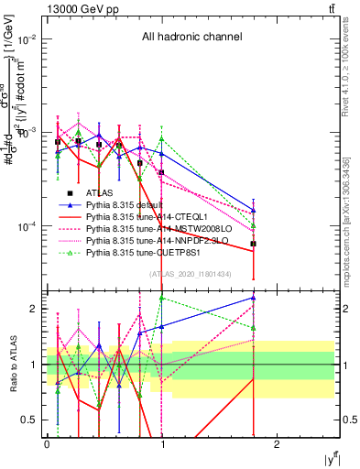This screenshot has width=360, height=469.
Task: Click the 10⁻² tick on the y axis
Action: pyautogui.click(x=29, y=39)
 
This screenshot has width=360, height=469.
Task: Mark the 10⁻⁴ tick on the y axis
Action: pyautogui.click(x=29, y=226)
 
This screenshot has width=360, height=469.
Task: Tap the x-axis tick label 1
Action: pyautogui.click(x=162, y=444)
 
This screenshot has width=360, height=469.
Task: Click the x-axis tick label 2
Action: pyautogui.click(x=278, y=444)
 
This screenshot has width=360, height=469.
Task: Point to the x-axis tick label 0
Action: pyautogui.click(x=47, y=444)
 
